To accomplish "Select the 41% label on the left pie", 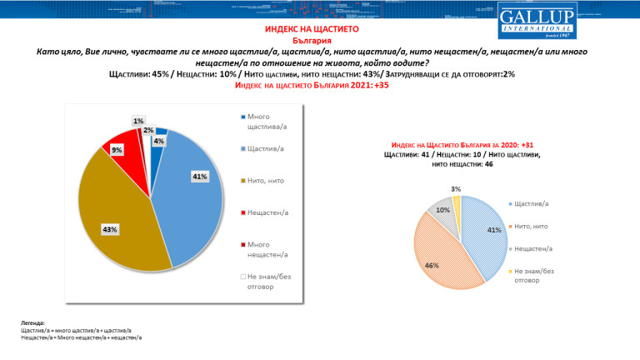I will click(x=199, y=177).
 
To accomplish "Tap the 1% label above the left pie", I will click(x=137, y=122).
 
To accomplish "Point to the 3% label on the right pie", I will click(x=454, y=190).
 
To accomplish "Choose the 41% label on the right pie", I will click(x=493, y=229).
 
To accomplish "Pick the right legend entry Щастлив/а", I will click(x=532, y=204).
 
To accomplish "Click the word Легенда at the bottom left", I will click(x=33, y=322).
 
